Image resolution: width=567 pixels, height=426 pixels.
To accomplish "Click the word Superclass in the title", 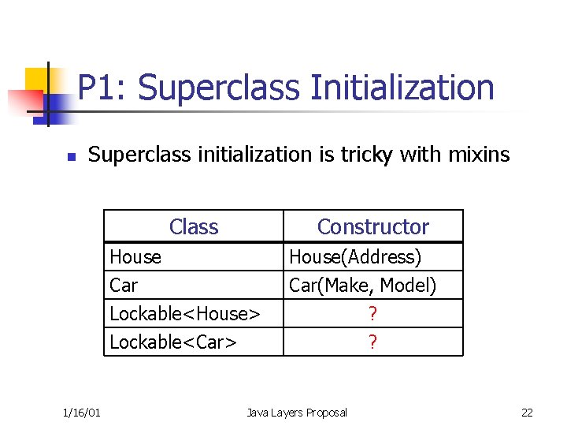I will (x=220, y=88).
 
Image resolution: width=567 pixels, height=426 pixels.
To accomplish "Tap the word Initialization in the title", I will (x=402, y=88).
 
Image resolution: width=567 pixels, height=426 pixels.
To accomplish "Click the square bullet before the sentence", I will (x=71, y=157).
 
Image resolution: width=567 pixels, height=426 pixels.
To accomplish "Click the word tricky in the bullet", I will (x=366, y=155).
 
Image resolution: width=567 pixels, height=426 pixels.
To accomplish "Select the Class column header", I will (x=194, y=227).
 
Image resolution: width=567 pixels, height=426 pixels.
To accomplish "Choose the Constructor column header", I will (x=372, y=227).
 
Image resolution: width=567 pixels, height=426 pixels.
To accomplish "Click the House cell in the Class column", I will (x=135, y=257).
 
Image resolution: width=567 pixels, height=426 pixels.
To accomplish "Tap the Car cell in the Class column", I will (x=124, y=286).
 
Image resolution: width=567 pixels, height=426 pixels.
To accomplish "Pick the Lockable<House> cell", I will (x=185, y=314).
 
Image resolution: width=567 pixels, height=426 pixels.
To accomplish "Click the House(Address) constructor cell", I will (x=355, y=257).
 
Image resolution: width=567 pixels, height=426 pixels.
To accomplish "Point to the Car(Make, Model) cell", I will (x=363, y=286).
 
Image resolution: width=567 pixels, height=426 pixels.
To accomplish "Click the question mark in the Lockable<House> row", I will (x=372, y=314).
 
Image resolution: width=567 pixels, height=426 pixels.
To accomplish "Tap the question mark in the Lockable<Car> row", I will (x=372, y=342).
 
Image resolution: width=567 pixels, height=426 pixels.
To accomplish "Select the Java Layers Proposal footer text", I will (x=296, y=413).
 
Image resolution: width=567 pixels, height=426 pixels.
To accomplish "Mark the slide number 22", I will (x=527, y=413).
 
